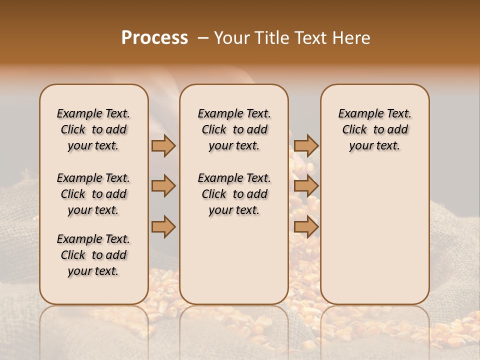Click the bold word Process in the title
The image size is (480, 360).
(x=154, y=38)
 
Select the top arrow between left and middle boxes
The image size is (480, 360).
(x=163, y=145)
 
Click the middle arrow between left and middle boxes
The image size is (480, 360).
(x=163, y=186)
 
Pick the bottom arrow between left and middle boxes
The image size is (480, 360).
(x=163, y=226)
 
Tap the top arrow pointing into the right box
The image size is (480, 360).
(x=306, y=145)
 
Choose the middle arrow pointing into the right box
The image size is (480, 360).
(x=306, y=186)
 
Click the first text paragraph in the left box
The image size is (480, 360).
(x=93, y=129)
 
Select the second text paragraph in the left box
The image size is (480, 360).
(x=93, y=194)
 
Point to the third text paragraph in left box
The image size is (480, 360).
(x=93, y=255)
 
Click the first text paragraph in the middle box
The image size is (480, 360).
(x=234, y=129)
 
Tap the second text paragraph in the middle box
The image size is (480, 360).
(x=234, y=194)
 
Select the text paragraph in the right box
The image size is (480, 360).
(x=375, y=129)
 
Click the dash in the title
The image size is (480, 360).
(x=202, y=38)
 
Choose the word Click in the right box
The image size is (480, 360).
(x=354, y=130)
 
